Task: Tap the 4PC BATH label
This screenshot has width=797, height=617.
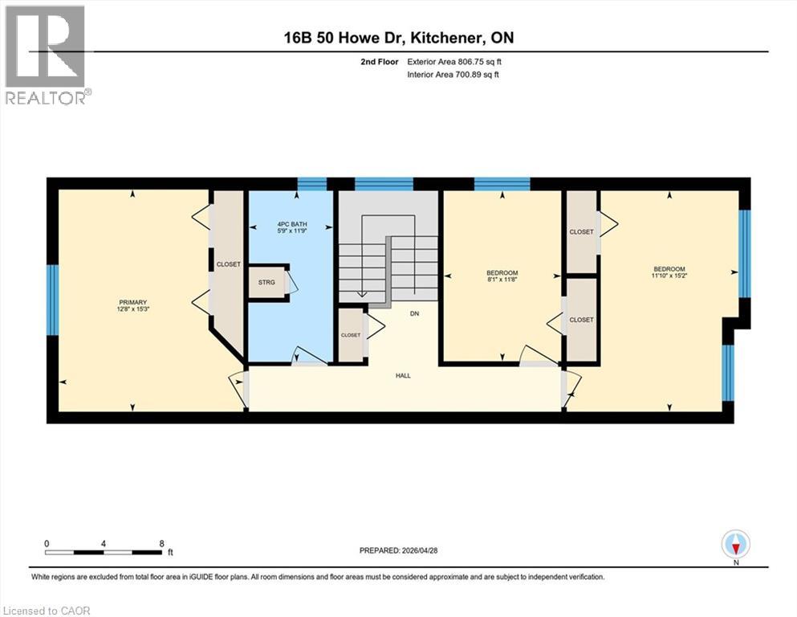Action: pyautogui.click(x=293, y=224)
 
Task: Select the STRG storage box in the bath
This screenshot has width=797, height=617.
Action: pyautogui.click(x=266, y=283)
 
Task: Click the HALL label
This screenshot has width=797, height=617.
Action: pyautogui.click(x=403, y=375)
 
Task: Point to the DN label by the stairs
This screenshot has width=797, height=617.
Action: pyautogui.click(x=414, y=314)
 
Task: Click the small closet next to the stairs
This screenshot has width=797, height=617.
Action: pyautogui.click(x=351, y=335)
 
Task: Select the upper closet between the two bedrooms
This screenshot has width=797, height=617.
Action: pyautogui.click(x=581, y=231)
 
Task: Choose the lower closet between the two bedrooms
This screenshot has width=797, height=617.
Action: pyautogui.click(x=581, y=320)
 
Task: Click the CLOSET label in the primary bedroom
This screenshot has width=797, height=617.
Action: pyautogui.click(x=228, y=264)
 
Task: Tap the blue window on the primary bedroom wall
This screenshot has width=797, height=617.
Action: pyautogui.click(x=53, y=300)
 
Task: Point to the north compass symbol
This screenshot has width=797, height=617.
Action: pyautogui.click(x=735, y=545)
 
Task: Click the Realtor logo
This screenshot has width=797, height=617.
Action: pyautogui.click(x=46, y=55)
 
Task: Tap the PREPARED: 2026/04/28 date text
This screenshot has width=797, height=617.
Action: pyautogui.click(x=399, y=550)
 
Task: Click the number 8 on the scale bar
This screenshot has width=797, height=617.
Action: pyautogui.click(x=162, y=543)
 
